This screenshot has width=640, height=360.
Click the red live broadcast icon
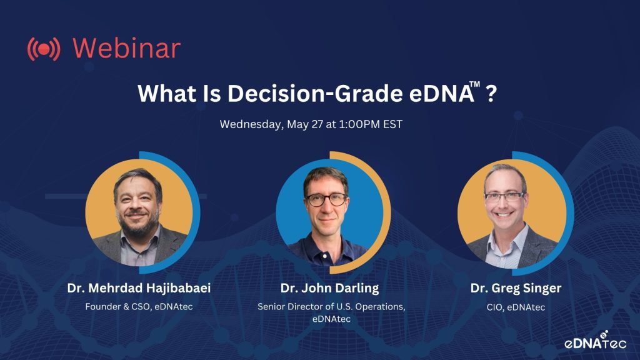(x=44, y=49)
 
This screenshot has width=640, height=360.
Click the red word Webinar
(x=126, y=48)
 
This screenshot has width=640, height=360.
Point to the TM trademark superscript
(x=475, y=84)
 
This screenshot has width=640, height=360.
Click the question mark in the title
(x=491, y=94)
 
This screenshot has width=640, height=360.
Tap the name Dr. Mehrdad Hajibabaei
(x=139, y=288)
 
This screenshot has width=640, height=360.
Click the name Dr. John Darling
(x=330, y=288)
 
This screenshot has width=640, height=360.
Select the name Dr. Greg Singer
(x=516, y=288)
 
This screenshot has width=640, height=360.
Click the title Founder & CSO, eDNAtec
(x=139, y=306)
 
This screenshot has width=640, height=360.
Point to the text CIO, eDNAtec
(x=516, y=307)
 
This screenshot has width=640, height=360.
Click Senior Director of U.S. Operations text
(x=331, y=306)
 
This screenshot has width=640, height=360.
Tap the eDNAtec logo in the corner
(x=596, y=341)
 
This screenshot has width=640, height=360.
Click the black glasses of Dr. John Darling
(x=326, y=200)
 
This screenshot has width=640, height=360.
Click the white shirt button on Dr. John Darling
(x=325, y=256)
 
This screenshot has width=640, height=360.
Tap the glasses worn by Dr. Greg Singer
(x=504, y=197)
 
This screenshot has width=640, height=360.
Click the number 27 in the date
(x=317, y=124)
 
